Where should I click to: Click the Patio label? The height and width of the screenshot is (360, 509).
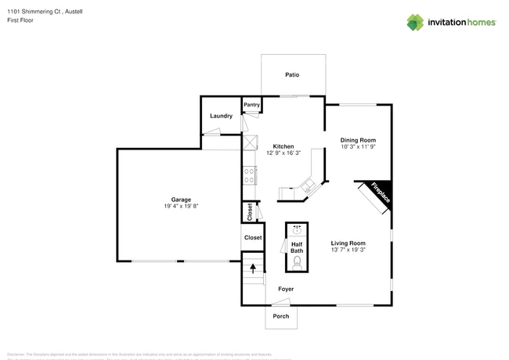[x=291, y=75]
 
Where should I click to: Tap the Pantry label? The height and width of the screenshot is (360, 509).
[x=251, y=104]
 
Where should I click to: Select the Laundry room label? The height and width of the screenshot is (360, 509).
[x=221, y=116]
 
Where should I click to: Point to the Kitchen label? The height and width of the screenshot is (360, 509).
[x=283, y=146]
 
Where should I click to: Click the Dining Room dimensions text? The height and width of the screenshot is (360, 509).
[x=358, y=146]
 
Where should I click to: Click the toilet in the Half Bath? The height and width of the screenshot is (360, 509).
[x=297, y=263]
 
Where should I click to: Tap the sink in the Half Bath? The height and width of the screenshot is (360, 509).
[x=297, y=230]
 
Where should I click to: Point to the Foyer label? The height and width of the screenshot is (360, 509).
[x=286, y=289]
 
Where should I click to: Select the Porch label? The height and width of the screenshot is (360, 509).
[x=280, y=316]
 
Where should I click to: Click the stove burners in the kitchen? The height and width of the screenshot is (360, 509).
[x=249, y=175]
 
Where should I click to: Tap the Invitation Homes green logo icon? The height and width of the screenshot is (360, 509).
[x=415, y=22]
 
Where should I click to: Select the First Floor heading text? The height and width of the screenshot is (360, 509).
[x=20, y=20]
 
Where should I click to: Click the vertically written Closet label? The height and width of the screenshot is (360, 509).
[x=249, y=211]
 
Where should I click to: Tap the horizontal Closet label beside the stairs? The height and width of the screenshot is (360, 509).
[x=253, y=237]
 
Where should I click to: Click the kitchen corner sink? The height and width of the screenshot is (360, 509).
[x=309, y=186]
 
